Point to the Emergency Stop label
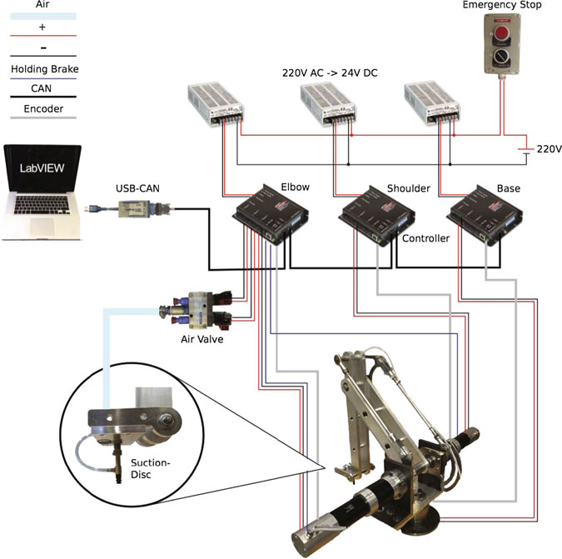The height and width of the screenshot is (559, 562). pos(502,6)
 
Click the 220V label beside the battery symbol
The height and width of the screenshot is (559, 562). pos(549,150)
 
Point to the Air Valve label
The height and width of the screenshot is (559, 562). pos(203,339)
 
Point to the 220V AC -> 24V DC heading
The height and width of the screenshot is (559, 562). pos(330,72)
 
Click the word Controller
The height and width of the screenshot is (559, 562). pos(426,238)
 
